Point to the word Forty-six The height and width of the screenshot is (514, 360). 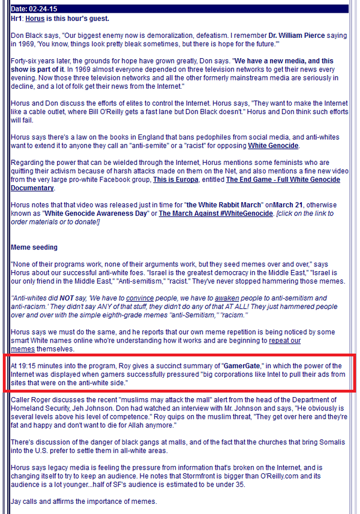pyautogui.click(x=25, y=61)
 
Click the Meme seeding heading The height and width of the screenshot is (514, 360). pyautogui.click(x=34, y=247)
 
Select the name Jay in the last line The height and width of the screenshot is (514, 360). pyautogui.click(x=17, y=500)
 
